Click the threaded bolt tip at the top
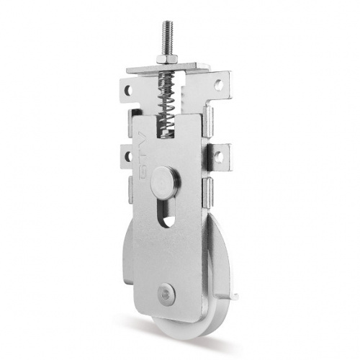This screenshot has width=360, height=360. (166, 24)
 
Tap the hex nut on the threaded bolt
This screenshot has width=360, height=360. (167, 58)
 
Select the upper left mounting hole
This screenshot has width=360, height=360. (128, 91)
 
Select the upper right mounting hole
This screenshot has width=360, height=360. (218, 85)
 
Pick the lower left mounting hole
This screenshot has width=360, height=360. (128, 156)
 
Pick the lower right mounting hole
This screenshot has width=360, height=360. (218, 157)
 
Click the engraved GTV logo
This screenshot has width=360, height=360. (143, 156)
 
